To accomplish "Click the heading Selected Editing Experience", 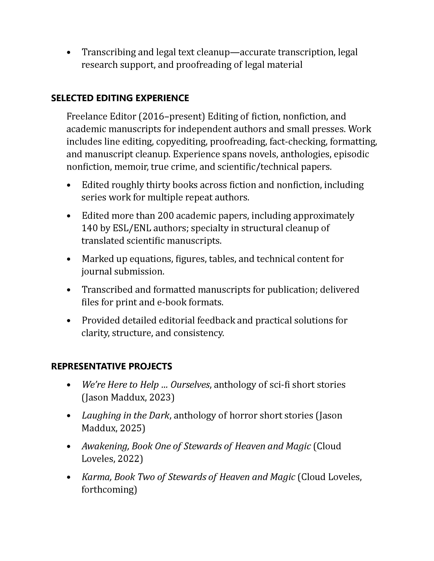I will (120, 98).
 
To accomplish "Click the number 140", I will (89, 228).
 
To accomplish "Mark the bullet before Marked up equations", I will (68, 259).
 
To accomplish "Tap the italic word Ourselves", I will (190, 385).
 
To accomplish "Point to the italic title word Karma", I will (96, 477).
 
